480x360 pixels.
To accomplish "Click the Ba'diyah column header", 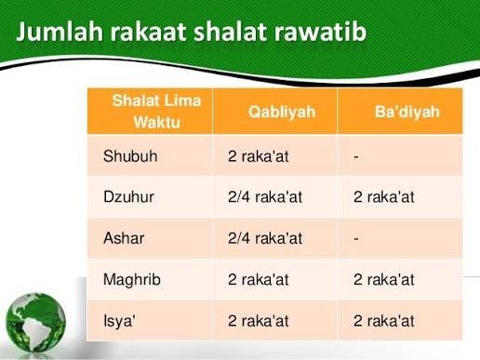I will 401,112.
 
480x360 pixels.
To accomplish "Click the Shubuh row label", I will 130,156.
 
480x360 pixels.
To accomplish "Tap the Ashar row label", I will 124,237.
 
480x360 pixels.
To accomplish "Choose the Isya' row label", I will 121,320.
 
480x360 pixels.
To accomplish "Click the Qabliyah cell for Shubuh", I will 259,156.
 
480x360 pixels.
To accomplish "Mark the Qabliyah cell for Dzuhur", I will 266,196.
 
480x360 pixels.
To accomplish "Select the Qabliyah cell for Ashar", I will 266,237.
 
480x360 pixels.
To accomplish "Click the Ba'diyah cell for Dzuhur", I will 384,196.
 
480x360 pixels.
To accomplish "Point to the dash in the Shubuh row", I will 356,156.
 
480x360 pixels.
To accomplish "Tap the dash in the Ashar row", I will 356,237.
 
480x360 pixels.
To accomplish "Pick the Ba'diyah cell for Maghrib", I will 384,279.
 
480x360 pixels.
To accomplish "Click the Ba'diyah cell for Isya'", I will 384,320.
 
